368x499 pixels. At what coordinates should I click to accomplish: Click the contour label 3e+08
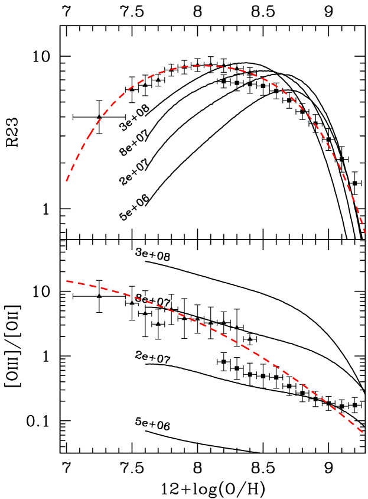pyautogui.click(x=153, y=255)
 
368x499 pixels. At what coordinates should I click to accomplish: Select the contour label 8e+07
pyautogui.click(x=153, y=300)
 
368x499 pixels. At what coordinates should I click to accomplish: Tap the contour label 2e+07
pyautogui.click(x=153, y=357)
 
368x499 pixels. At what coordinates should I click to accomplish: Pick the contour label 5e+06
pyautogui.click(x=153, y=424)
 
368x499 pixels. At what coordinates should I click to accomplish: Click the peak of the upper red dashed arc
pyautogui.click(x=206, y=66)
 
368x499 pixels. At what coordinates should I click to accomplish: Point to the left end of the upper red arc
pyautogui.click(x=67, y=181)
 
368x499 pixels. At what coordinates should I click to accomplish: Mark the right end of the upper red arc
pyautogui.click(x=366, y=233)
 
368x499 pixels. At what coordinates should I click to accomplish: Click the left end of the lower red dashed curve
pyautogui.click(x=67, y=281)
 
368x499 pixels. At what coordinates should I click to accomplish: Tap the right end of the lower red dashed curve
pyautogui.click(x=363, y=432)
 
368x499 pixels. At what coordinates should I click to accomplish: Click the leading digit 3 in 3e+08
pyautogui.click(x=138, y=252)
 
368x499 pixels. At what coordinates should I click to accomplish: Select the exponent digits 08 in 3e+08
pyautogui.click(x=164, y=257)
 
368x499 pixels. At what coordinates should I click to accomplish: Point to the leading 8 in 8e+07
pyautogui.click(x=138, y=297)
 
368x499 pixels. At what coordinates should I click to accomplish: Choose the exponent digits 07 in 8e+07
pyautogui.click(x=164, y=302)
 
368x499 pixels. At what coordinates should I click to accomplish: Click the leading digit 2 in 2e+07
pyautogui.click(x=138, y=355)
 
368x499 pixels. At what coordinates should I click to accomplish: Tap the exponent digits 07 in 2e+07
pyautogui.click(x=164, y=359)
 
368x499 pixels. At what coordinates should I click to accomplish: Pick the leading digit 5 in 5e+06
pyautogui.click(x=138, y=422)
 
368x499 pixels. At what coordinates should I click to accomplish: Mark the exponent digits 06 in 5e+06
pyautogui.click(x=164, y=426)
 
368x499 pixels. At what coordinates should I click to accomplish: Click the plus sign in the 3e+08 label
pyautogui.click(x=153, y=255)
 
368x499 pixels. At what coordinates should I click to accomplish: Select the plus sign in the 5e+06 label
pyautogui.click(x=153, y=424)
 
